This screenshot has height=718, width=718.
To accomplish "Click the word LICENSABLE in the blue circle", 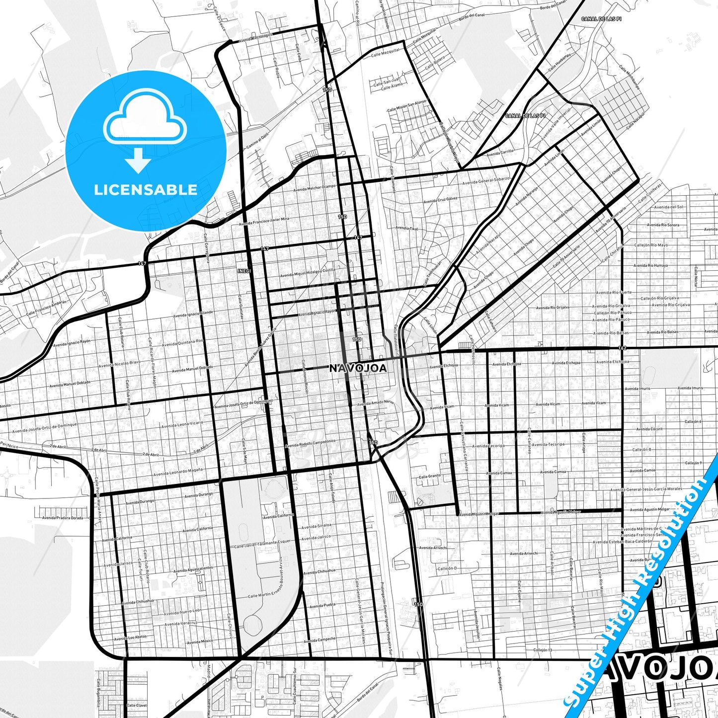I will (x=146, y=190).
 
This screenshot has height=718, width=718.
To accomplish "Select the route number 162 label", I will (x=623, y=348).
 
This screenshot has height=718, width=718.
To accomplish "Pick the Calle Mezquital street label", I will (x=385, y=53).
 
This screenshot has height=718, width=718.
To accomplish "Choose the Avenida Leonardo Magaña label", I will (x=178, y=472).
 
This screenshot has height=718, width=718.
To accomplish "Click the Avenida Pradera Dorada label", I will (x=63, y=518).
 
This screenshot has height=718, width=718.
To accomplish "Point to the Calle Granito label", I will (x=429, y=476).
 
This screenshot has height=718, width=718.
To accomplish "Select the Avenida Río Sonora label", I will (x=663, y=225).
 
